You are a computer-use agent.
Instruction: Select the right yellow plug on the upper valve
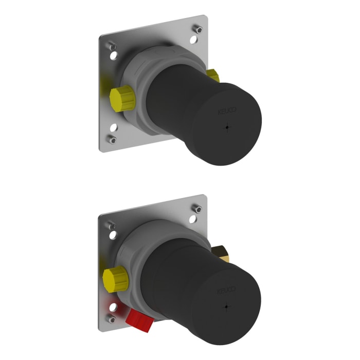coord(212,76)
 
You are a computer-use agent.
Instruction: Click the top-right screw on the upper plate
coord(196,29)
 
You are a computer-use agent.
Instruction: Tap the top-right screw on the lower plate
coord(196,209)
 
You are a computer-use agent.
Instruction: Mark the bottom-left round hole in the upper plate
coord(113,127)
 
